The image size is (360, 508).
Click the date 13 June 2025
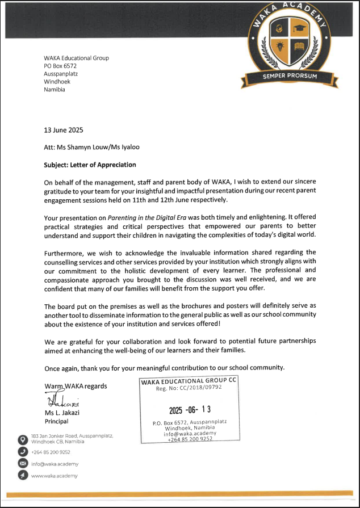click(x=64, y=130)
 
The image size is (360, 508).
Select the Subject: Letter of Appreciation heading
click(x=90, y=165)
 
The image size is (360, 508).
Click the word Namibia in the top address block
click(x=55, y=90)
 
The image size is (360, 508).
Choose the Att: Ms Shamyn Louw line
click(x=91, y=147)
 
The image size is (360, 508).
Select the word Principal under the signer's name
click(x=56, y=421)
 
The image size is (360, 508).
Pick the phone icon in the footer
click(x=23, y=452)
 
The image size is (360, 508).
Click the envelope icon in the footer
click(x=23, y=464)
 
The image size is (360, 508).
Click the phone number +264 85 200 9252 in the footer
click(x=51, y=452)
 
